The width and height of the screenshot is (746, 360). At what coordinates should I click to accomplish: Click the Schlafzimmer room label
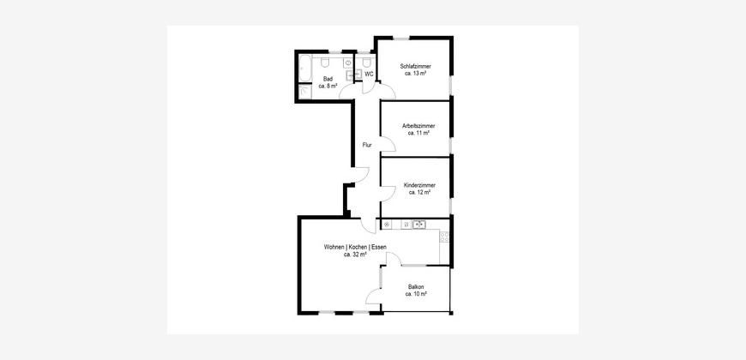(x=415, y=67)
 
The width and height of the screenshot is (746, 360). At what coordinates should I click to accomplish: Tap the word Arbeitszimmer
(x=418, y=126)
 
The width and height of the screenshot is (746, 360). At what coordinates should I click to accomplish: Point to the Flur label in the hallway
(x=367, y=145)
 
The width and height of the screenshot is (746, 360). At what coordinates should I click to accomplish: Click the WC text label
(x=369, y=75)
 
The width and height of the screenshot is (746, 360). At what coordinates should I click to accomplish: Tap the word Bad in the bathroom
(x=328, y=79)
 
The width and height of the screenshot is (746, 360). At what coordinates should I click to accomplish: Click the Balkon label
(x=416, y=287)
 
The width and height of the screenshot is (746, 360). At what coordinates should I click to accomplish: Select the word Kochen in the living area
(x=358, y=248)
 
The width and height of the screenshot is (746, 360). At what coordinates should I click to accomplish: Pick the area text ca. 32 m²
(x=355, y=255)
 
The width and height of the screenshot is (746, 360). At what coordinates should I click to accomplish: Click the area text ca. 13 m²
(x=415, y=74)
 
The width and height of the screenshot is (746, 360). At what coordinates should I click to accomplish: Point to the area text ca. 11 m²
(x=418, y=133)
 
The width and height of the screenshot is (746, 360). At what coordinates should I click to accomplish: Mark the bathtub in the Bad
(x=305, y=69)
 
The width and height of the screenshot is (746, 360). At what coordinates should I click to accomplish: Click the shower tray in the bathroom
(x=305, y=92)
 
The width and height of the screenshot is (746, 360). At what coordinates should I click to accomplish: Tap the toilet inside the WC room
(x=366, y=63)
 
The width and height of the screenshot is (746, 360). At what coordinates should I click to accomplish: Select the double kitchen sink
(x=419, y=224)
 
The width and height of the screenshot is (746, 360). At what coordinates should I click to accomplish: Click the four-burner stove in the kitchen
(x=444, y=237)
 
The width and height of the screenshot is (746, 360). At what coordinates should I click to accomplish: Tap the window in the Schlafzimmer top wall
(x=401, y=38)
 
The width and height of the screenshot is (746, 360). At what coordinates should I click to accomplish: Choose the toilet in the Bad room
(x=326, y=63)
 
